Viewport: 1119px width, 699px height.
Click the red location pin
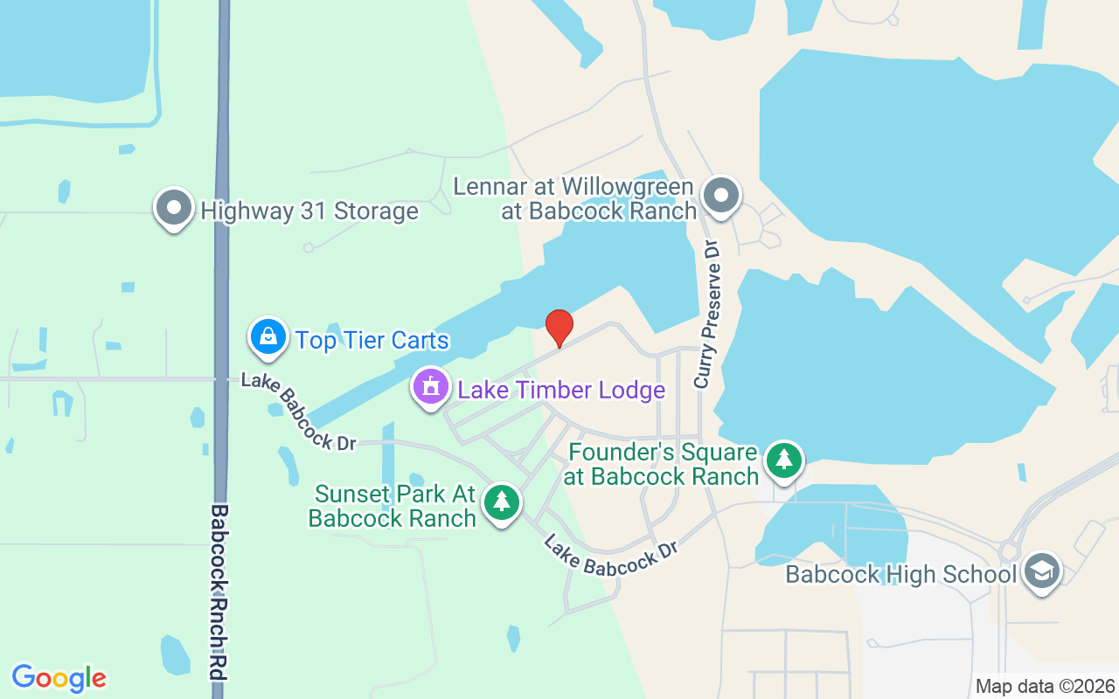[x=559, y=328]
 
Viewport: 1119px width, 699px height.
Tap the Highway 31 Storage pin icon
[x=174, y=208]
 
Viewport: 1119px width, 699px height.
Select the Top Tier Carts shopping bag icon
[x=268, y=336]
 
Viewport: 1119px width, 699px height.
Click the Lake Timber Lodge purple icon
[x=430, y=387]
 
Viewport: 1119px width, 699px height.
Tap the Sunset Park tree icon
[x=501, y=502]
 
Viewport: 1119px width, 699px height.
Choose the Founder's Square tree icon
[x=784, y=459]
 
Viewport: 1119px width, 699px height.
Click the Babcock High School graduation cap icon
[x=1041, y=571]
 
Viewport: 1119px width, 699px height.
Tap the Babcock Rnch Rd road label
[x=219, y=594]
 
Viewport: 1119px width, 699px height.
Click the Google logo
[x=59, y=678]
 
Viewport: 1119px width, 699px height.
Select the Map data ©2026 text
[x=1046, y=686]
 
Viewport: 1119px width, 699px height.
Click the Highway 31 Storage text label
[x=309, y=211]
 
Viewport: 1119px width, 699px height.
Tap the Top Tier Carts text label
[x=372, y=340]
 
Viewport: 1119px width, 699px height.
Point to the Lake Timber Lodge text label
[x=561, y=390]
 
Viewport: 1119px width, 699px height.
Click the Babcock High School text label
[x=900, y=574]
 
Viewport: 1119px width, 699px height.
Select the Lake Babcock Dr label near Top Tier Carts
[x=298, y=411]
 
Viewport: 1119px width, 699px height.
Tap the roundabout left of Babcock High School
[x=1009, y=551]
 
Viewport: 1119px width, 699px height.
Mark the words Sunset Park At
[x=395, y=495]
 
